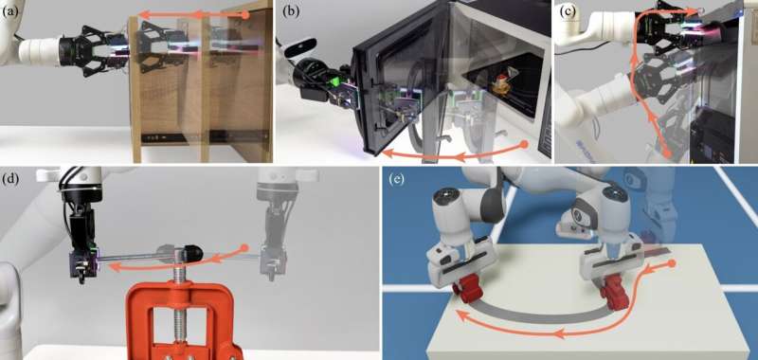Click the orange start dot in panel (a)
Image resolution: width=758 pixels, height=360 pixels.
coord(245,15)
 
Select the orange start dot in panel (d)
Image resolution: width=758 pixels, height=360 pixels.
coord(245,248)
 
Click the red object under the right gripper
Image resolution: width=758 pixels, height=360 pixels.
coord(615,291)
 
